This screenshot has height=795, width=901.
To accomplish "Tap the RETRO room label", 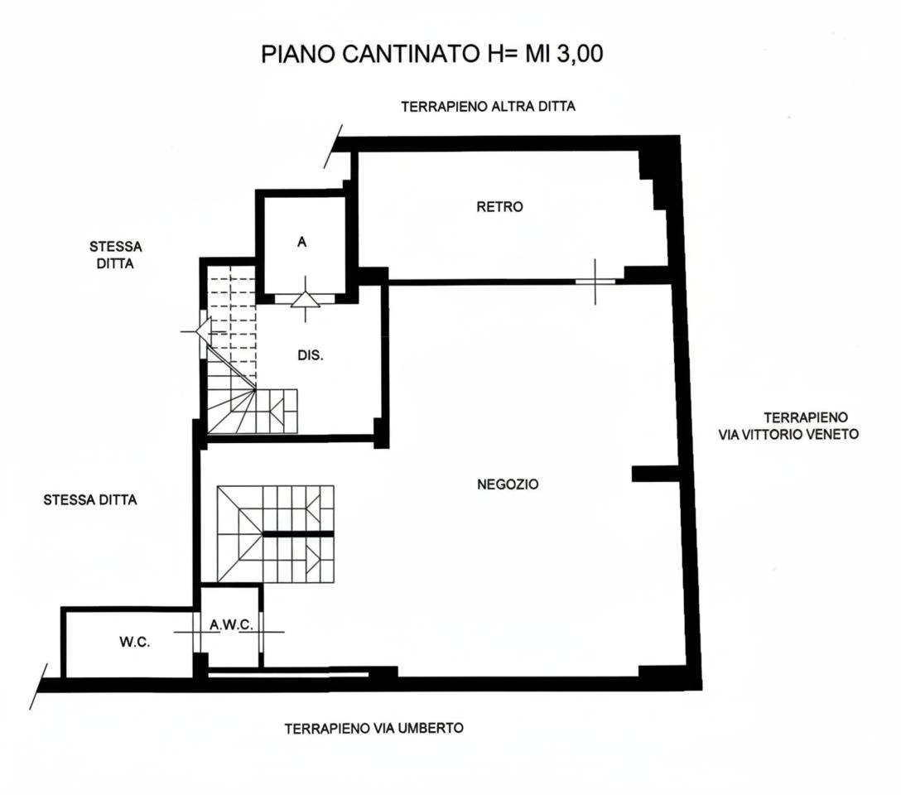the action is point(499,206).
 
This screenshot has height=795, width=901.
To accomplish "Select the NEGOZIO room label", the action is point(508,484).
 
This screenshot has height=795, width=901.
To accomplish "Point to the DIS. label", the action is point(311,355).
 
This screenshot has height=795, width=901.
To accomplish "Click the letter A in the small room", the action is point(301,243).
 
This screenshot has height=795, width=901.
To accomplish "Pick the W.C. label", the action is point(134,642).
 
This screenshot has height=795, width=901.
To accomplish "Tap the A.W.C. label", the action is point(231,625).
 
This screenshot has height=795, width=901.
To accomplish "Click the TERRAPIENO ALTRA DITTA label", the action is point(488,106).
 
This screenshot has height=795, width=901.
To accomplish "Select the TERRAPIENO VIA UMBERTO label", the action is point(374,729).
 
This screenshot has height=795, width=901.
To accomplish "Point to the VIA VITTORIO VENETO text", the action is point(788,434).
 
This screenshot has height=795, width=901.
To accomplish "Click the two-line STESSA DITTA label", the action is point(115,255).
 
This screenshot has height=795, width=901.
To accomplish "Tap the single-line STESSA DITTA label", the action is point(90,499).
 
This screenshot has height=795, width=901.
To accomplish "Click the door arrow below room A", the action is point(305,299).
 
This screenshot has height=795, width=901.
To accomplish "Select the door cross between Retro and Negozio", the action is point(595,282).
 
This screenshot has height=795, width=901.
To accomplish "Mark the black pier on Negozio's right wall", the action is point(655,474).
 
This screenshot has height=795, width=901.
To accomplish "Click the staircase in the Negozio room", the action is point(275,533).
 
